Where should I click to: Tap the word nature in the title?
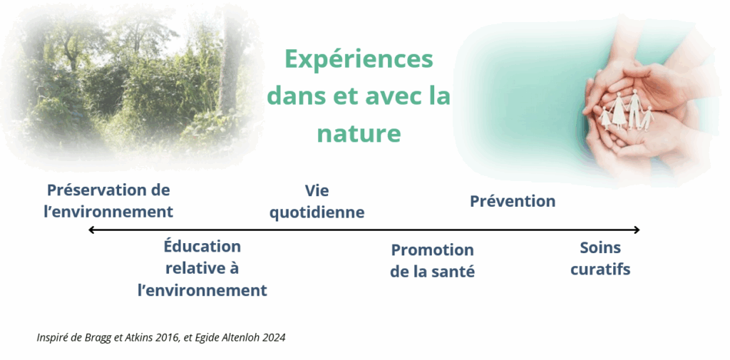point(359,133)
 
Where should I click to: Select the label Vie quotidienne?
point(317,201)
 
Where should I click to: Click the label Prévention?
point(513,201)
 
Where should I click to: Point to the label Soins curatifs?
point(600,259)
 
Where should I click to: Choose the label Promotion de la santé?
point(433,260)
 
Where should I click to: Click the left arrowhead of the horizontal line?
point(91,230)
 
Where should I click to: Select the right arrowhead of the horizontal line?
point(637,230)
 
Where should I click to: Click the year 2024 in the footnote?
point(274,338)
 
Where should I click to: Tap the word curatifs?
point(600,269)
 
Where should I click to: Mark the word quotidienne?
point(317,212)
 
